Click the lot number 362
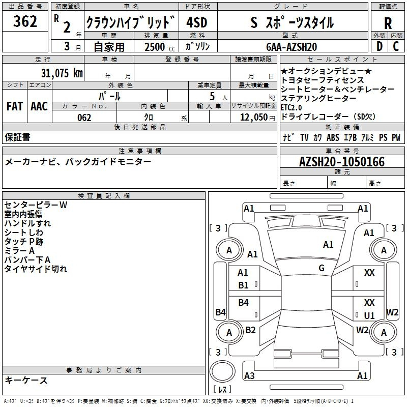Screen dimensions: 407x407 [25, 22]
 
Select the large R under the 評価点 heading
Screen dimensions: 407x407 [388, 23]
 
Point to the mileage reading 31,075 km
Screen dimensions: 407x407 [62, 73]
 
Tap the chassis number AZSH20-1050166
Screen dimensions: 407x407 [342, 162]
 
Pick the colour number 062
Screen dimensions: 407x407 [84, 118]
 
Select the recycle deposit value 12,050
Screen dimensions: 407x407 [250, 118]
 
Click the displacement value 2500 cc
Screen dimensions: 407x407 [160, 47]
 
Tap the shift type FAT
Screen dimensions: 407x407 [14, 106]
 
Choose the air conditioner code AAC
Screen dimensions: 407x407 [39, 106]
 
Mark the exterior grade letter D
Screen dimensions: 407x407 [379, 46]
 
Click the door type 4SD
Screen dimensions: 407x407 [197, 23]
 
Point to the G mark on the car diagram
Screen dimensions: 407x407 [322, 268]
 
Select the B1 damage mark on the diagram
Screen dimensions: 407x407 [244, 285]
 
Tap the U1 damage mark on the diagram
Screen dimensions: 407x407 [369, 315]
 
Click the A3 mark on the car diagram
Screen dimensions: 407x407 [249, 376]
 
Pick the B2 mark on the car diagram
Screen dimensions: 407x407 [250, 330]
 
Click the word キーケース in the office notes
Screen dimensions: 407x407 [26, 380]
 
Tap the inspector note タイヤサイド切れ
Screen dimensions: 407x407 [36, 269]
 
